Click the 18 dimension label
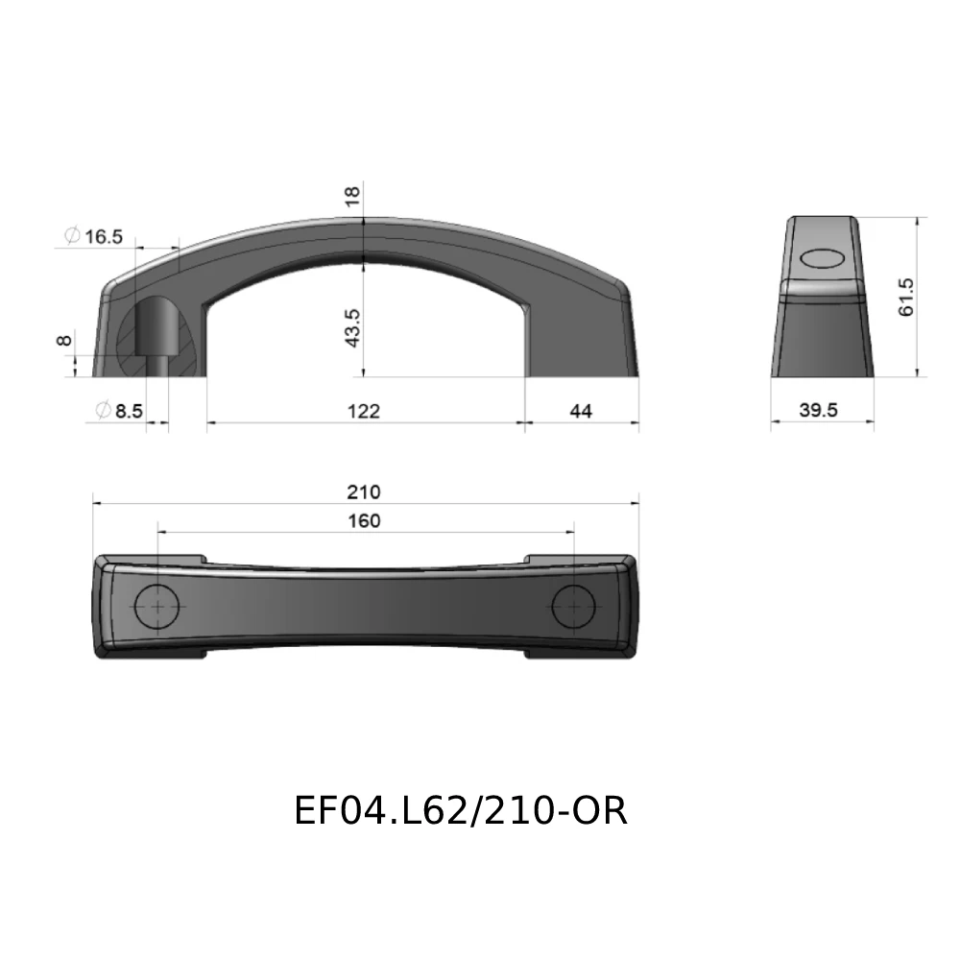pos(352,195)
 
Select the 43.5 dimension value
pos(352,327)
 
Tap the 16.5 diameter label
pos(103,236)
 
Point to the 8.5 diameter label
pos(128,411)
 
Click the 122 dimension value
pos(364,411)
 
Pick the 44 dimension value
pos(581,411)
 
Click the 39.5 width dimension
pos(819,410)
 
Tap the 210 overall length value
pos(364,492)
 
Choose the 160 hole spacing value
pos(364,520)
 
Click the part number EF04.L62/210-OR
pos(461,811)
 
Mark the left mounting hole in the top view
pos(157,607)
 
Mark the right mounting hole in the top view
pos(574,607)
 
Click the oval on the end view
pos(821,258)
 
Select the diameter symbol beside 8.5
pos(103,411)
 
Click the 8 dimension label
pos(64,341)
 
